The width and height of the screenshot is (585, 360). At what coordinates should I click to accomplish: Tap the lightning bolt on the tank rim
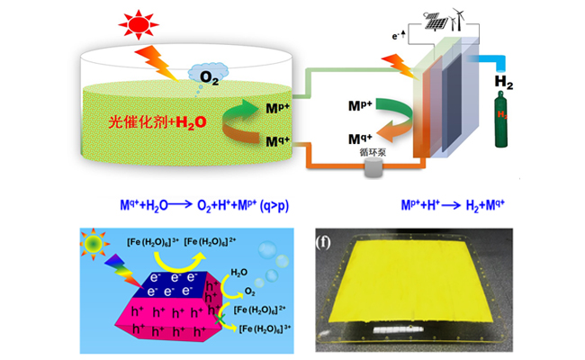point(162,61)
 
